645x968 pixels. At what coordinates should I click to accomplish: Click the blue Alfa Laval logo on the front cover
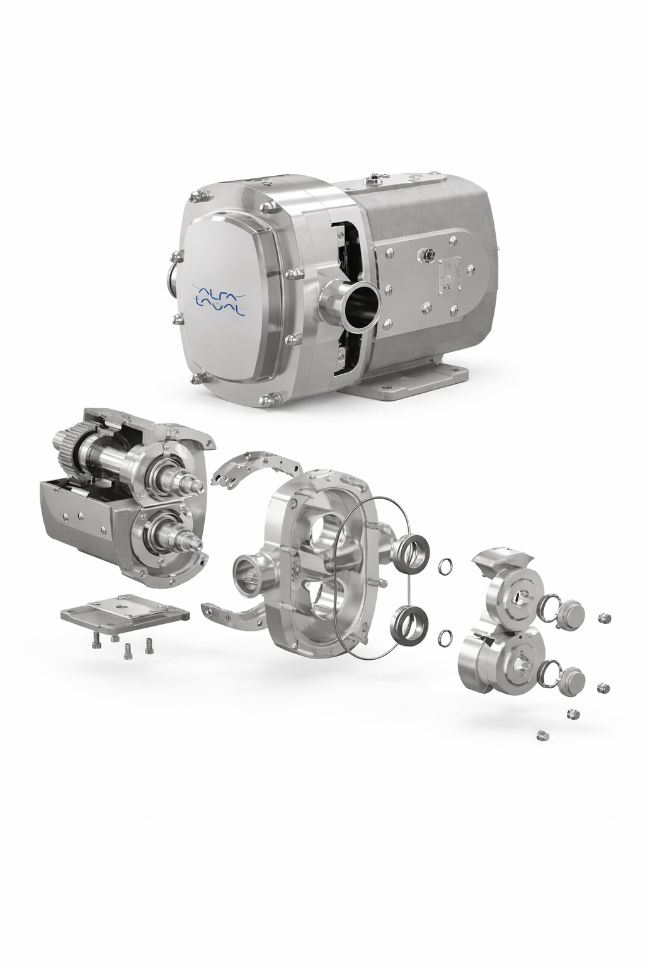pos(218,298)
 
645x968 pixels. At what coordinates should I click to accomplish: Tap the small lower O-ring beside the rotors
pos(443,637)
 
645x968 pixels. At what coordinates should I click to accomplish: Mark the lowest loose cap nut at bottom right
pos(540,735)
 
